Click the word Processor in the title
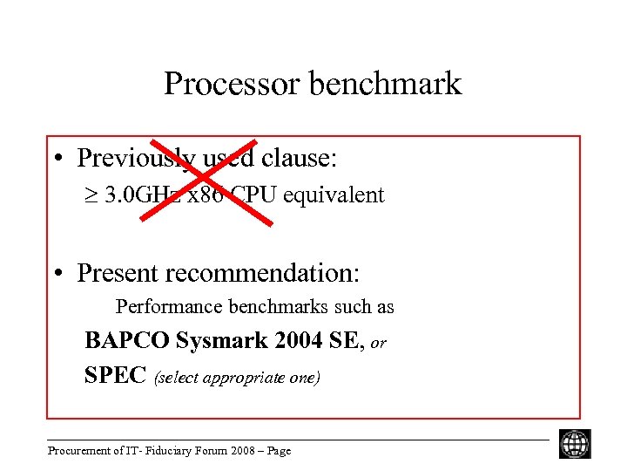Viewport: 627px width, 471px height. pyautogui.click(x=219, y=84)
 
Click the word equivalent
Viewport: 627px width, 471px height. pyautogui.click(x=338, y=195)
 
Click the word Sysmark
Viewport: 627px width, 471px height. pyautogui.click(x=210, y=340)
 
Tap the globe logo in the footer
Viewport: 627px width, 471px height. pyautogui.click(x=575, y=444)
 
